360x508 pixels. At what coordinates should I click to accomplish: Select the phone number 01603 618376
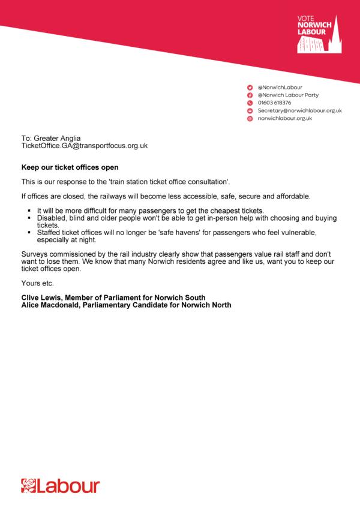coord(274,103)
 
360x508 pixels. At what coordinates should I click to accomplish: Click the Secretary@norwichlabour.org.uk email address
coord(299,111)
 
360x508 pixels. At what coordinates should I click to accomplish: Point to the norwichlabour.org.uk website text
coord(285,119)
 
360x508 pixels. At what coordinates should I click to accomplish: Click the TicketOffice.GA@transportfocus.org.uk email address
coord(85,146)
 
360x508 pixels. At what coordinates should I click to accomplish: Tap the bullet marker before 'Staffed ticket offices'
coord(29,231)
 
